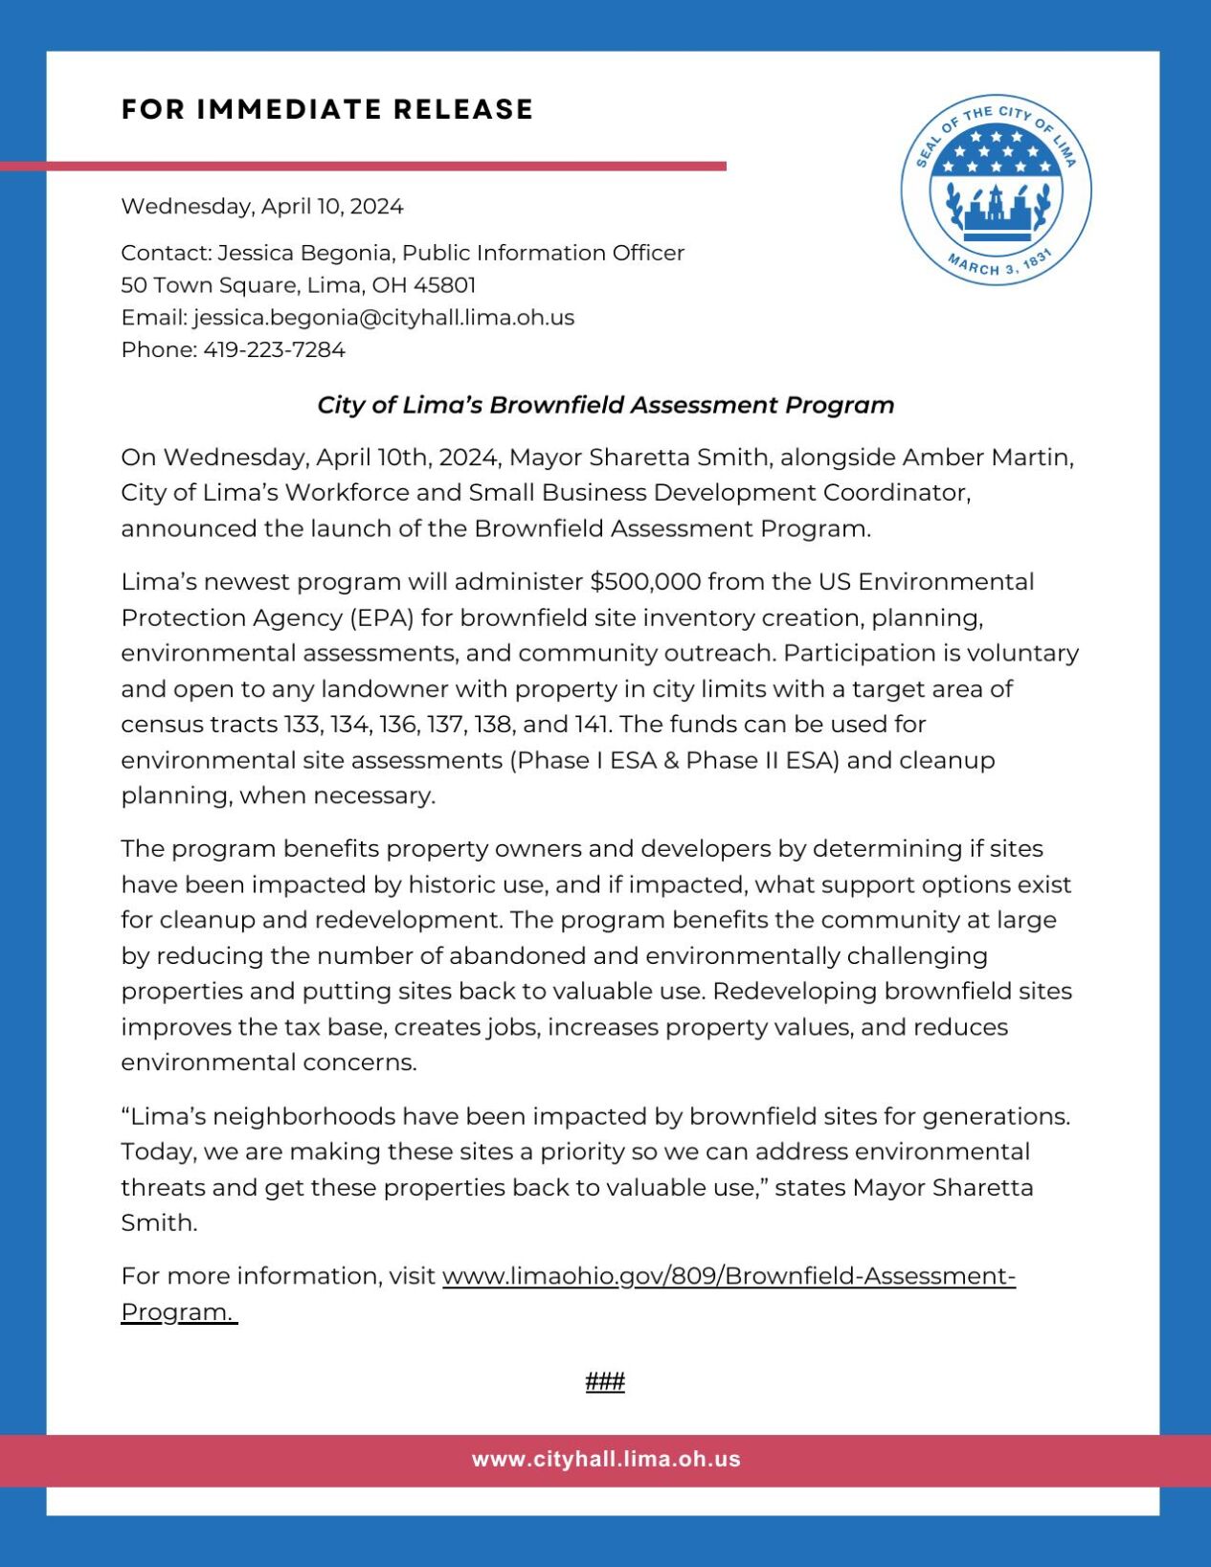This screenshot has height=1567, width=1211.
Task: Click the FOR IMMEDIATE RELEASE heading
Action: pos(326,109)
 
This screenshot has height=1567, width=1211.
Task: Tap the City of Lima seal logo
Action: pos(995,190)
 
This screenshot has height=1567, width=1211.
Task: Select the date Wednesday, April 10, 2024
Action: pos(261,206)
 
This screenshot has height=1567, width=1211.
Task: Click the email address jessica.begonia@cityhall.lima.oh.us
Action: pos(383,317)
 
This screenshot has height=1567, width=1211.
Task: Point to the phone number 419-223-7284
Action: pos(274,349)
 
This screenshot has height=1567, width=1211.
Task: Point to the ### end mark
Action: pos(605,1381)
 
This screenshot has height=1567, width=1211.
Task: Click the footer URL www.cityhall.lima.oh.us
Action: pos(605,1459)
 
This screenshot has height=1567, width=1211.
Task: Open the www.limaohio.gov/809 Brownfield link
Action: pos(728,1276)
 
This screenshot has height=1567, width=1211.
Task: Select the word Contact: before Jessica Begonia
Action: pos(166,253)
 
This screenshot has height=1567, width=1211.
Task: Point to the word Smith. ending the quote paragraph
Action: pos(159,1222)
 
